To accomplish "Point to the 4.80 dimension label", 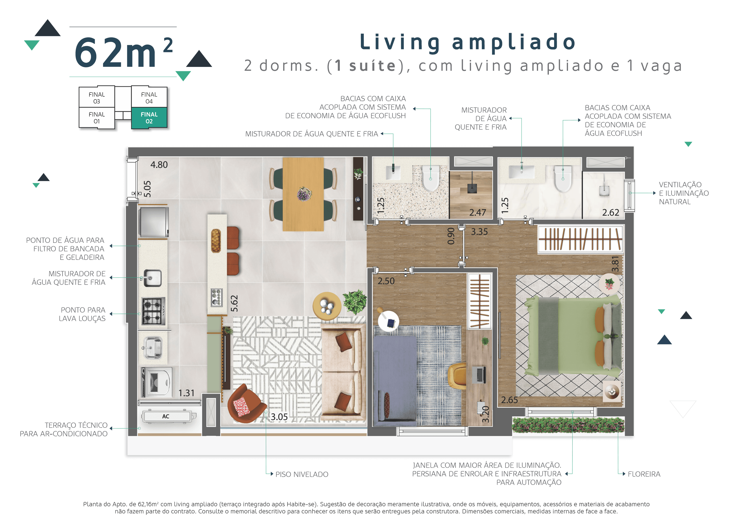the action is [x=159, y=165].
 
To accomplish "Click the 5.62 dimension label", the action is [x=234, y=303].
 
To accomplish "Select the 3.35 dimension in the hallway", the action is [x=479, y=232].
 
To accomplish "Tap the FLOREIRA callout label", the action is [x=644, y=474].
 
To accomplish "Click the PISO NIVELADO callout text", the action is [x=302, y=474].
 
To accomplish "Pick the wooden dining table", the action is [x=303, y=194].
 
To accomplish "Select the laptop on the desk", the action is [x=479, y=375].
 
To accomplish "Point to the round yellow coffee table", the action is [x=327, y=306].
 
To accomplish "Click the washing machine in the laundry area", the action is [x=156, y=382].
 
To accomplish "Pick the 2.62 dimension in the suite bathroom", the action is [x=610, y=213].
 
